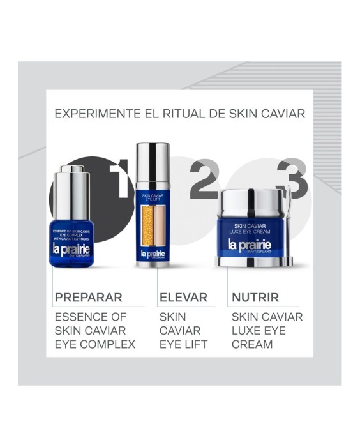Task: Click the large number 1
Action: pos(118,179)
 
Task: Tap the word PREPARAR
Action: pos(88,297)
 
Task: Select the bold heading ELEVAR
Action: pos(183,297)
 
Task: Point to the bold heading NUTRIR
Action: pos(255,297)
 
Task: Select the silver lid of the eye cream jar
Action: pos(251,204)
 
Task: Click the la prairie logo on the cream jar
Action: pos(250,245)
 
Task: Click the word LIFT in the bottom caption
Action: pos(195,345)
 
